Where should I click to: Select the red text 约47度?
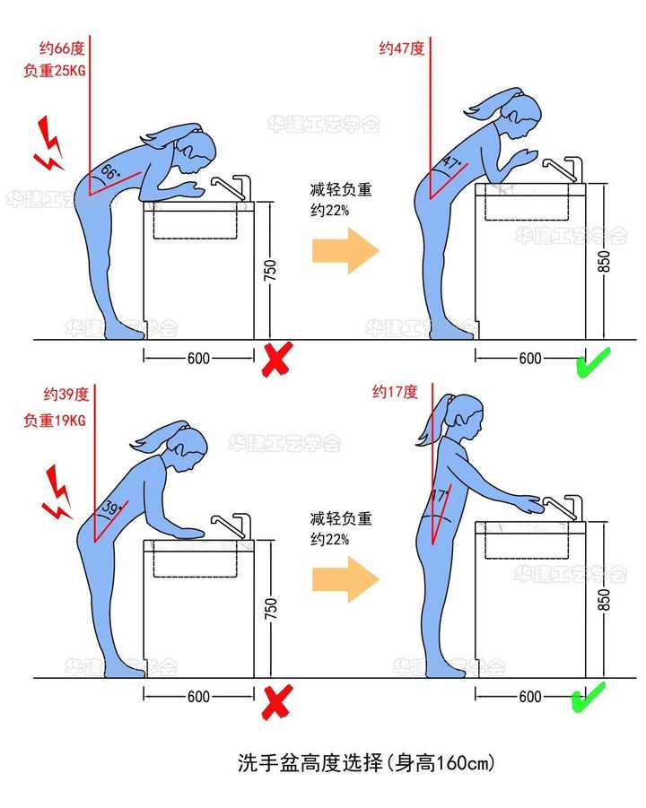(401, 48)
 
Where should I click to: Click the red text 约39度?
(65, 394)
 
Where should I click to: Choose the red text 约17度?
(395, 392)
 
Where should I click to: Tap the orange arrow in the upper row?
(345, 249)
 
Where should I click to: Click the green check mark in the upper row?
(593, 361)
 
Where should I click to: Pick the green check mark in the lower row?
(589, 696)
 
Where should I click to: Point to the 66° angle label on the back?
(109, 170)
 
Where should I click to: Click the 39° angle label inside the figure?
(113, 508)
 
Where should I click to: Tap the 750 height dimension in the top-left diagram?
(270, 270)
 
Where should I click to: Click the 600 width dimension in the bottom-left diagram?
(198, 697)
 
